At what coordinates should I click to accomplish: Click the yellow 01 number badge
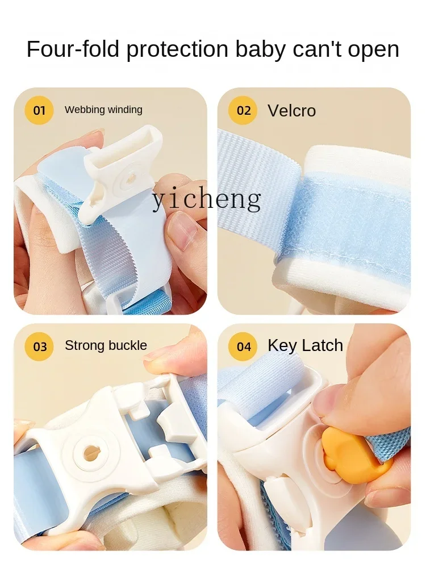(39, 110)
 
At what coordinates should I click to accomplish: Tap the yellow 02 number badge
(243, 110)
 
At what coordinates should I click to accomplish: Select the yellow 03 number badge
(39, 346)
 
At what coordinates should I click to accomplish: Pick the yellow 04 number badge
(243, 346)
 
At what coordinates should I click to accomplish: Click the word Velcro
(291, 111)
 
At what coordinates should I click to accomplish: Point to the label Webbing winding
(103, 110)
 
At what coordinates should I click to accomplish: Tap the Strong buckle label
(106, 345)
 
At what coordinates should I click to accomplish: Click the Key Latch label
(306, 345)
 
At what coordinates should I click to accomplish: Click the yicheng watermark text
(207, 199)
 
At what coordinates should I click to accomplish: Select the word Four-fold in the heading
(73, 49)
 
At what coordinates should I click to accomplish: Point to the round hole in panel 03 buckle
(91, 453)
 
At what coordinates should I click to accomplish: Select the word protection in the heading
(177, 50)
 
